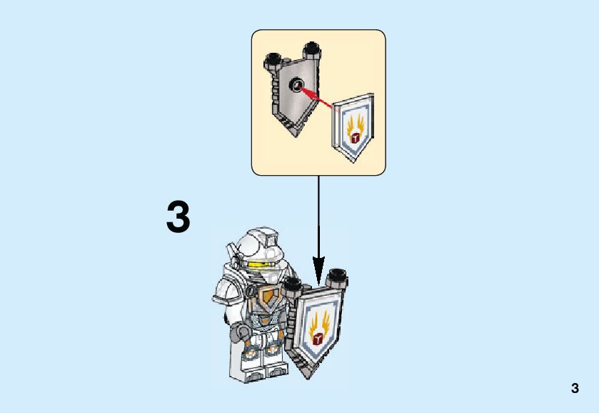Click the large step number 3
(178, 218)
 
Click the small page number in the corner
(575, 389)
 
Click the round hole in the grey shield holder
(295, 86)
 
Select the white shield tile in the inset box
(354, 129)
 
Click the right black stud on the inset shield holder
(311, 50)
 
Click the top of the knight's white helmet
(261, 235)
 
